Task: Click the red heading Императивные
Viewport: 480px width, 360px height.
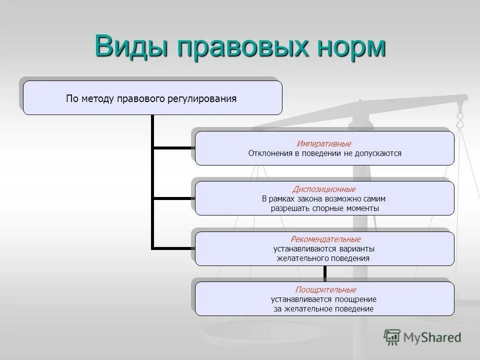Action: point(324,144)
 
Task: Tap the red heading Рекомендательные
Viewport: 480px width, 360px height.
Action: point(325,239)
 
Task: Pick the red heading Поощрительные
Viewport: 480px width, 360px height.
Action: point(325,290)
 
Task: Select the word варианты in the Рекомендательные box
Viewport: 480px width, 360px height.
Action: point(357,249)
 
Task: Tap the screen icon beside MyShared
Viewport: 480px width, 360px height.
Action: point(392,337)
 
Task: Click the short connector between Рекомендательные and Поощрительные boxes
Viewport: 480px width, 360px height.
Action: point(324,273)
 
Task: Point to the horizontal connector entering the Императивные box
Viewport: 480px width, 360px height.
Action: point(173,148)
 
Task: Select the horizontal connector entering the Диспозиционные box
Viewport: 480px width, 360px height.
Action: point(173,198)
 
